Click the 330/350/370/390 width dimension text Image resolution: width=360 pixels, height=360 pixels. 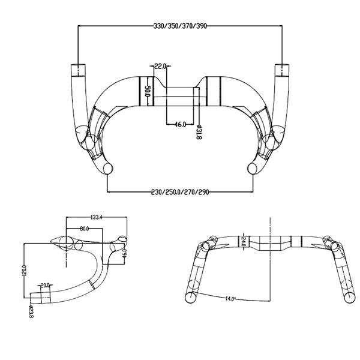click(x=181, y=26)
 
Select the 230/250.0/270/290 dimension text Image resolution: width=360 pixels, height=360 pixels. click(x=181, y=192)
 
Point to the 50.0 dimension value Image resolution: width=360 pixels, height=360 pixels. click(x=147, y=92)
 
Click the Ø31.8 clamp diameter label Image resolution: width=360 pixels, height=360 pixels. click(x=199, y=131)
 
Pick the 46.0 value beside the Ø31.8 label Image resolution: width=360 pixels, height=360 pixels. click(x=179, y=124)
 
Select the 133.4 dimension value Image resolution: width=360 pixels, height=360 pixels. click(x=94, y=217)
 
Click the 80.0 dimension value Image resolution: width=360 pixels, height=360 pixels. click(x=84, y=229)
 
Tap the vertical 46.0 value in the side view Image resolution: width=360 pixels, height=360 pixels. click(x=124, y=253)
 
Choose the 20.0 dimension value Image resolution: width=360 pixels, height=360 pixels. click(x=45, y=285)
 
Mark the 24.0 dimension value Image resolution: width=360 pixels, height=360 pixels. click(x=244, y=242)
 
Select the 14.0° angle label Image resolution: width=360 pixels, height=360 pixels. click(x=230, y=298)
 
